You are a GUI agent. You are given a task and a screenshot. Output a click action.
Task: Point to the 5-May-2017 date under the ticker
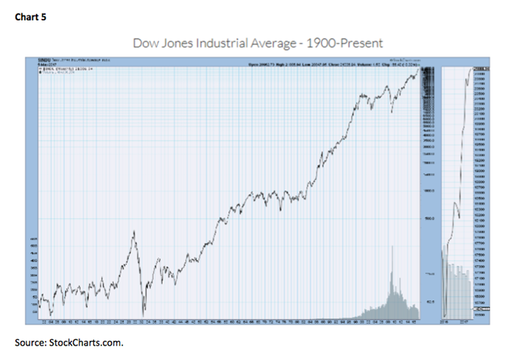click(45, 64)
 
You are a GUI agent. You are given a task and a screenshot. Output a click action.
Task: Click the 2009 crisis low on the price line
click(392, 112)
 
